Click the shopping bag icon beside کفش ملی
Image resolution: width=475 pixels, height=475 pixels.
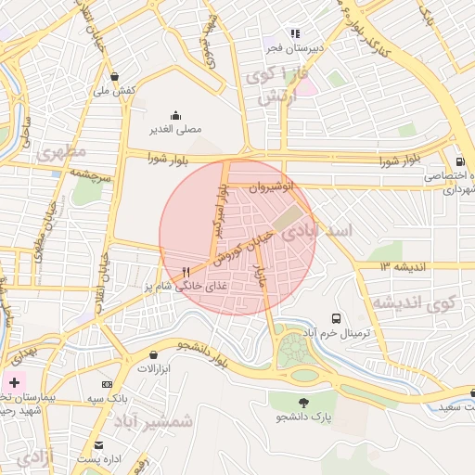point(113,77)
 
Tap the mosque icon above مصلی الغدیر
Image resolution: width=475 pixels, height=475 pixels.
point(175,115)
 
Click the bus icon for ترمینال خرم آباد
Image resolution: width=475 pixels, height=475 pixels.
point(335,317)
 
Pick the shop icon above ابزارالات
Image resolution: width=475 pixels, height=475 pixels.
point(153,354)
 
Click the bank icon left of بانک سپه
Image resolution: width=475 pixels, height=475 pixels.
point(108,384)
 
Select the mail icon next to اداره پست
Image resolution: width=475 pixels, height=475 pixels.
point(98,445)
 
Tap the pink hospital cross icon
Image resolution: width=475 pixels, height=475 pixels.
point(14,382)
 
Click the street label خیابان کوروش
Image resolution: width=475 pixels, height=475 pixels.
point(245,250)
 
